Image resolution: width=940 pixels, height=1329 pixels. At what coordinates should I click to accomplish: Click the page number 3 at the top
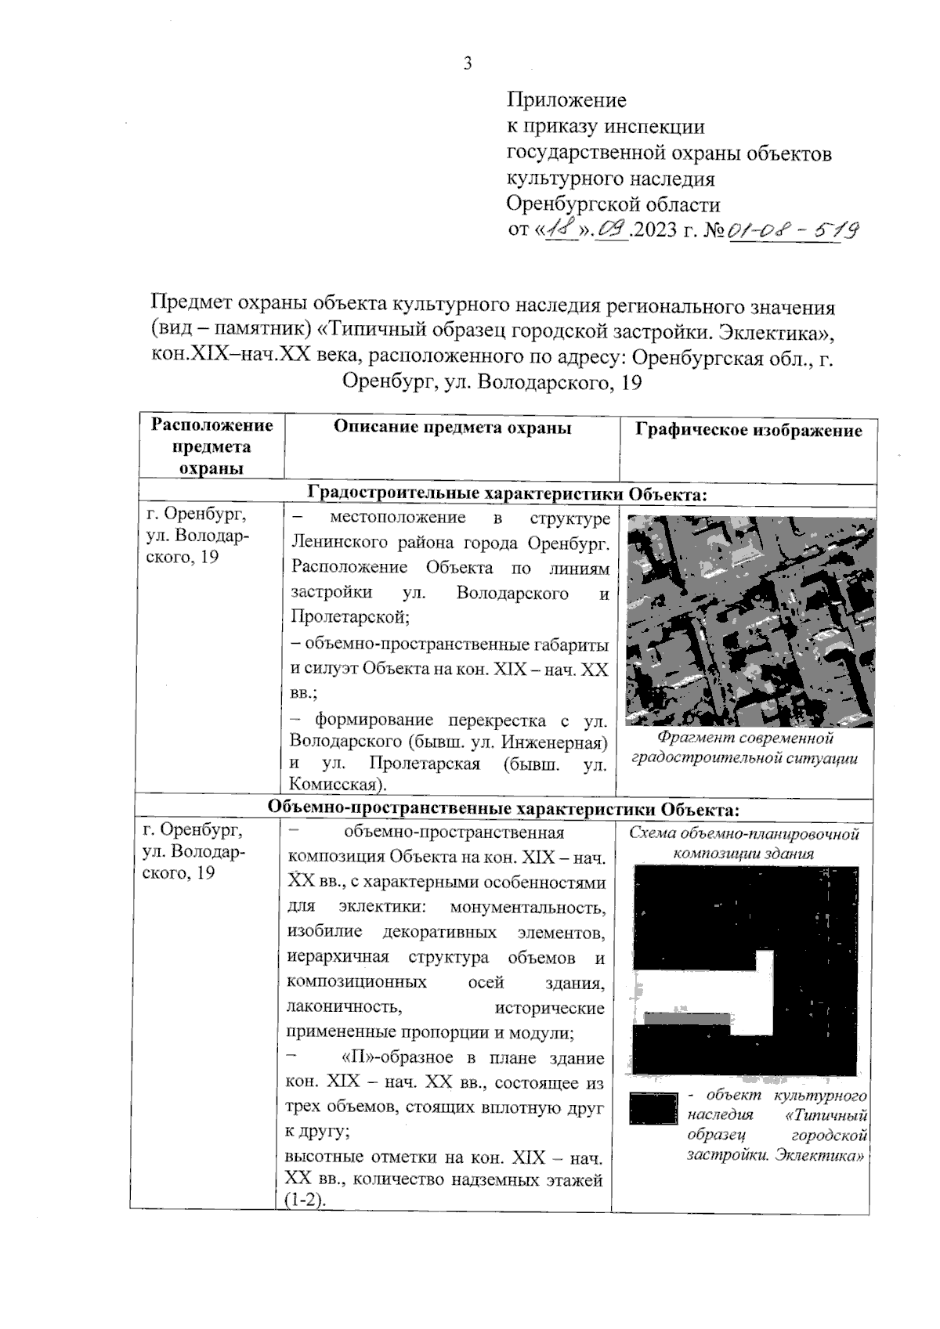(468, 64)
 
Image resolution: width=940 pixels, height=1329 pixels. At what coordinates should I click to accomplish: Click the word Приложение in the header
(566, 100)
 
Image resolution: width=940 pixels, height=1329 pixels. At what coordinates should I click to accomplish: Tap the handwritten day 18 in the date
(562, 230)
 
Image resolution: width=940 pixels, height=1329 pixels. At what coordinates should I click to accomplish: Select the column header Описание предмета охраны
(452, 428)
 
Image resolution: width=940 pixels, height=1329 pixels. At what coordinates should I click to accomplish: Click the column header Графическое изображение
(748, 430)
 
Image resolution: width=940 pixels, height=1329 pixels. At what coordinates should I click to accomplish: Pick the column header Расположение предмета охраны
(212, 446)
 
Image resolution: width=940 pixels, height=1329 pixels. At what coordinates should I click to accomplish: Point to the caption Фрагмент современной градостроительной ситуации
(744, 748)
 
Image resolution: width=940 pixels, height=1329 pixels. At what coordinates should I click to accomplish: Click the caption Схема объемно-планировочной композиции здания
(744, 843)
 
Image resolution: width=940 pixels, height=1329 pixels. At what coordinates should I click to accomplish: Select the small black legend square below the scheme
(652, 1109)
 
